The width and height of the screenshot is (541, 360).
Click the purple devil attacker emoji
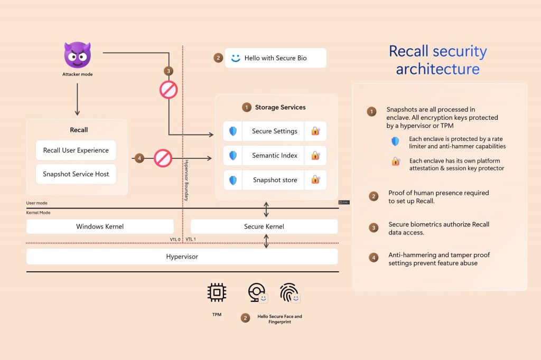click(77, 54)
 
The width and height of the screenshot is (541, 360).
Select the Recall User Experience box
click(76, 150)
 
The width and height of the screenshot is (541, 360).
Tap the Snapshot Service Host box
click(76, 174)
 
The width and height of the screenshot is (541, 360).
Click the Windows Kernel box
click(100, 226)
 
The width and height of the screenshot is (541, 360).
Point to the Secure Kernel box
click(264, 226)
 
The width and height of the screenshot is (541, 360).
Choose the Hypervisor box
click(182, 257)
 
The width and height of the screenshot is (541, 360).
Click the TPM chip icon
click(217, 292)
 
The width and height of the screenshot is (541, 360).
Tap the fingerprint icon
click(288, 292)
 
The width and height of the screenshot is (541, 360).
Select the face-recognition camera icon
click(256, 292)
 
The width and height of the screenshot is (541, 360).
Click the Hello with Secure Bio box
click(275, 58)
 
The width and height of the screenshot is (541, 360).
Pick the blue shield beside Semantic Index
click(233, 156)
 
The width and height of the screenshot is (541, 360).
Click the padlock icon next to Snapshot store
click(315, 180)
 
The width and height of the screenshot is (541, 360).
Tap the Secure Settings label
click(274, 131)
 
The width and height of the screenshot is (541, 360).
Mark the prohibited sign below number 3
click(169, 90)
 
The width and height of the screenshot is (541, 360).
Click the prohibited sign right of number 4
click(163, 158)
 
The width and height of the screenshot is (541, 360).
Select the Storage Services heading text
click(280, 107)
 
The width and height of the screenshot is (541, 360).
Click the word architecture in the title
click(437, 69)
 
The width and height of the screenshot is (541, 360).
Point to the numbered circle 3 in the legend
click(374, 228)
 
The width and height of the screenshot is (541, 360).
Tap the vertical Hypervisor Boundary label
click(186, 179)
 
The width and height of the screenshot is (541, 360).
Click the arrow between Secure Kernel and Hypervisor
click(266, 241)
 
